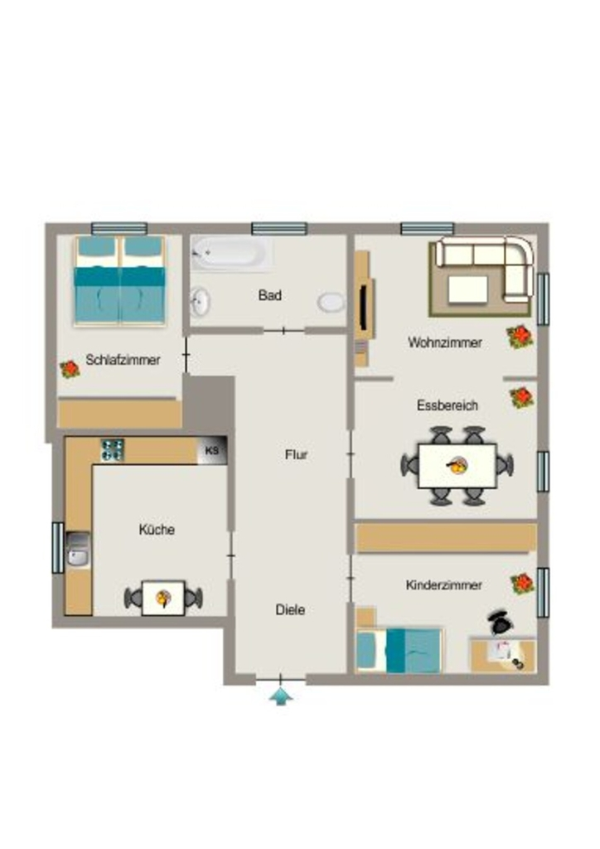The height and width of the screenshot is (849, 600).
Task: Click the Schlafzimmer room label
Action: (123, 360)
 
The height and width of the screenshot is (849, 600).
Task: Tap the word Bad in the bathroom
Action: (269, 295)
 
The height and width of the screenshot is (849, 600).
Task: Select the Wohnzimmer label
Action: (445, 342)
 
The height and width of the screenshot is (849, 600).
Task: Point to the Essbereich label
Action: (448, 405)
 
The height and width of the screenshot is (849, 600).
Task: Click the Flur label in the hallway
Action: (296, 455)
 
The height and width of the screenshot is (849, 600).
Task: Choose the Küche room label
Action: (157, 529)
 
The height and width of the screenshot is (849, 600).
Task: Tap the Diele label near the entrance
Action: (290, 609)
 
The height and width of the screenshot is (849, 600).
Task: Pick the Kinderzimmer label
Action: (443, 585)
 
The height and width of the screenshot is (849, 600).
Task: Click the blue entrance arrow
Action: (281, 696)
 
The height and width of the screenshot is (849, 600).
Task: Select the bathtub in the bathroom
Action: (230, 252)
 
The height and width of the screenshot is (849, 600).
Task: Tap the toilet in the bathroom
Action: (331, 302)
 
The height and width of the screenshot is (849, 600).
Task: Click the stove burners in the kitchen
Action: (113, 450)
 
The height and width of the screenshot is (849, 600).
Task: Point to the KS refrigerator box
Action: (211, 450)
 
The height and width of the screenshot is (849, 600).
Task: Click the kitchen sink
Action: (79, 549)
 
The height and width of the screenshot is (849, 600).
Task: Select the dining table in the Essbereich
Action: (457, 466)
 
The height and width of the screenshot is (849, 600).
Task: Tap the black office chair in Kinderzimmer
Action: (501, 622)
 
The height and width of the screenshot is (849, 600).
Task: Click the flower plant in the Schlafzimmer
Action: (70, 369)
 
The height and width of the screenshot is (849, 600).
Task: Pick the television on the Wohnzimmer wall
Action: (366, 307)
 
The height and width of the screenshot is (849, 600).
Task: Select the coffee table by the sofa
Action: (468, 290)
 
